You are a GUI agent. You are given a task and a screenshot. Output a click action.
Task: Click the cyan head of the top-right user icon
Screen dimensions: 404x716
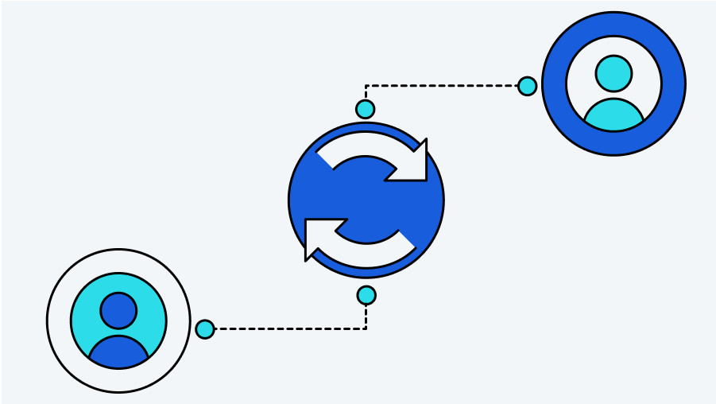[613, 73]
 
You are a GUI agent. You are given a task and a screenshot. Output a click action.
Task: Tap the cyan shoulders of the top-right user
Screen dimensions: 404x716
[613, 118]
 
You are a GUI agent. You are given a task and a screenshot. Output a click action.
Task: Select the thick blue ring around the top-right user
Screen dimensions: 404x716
[613, 24]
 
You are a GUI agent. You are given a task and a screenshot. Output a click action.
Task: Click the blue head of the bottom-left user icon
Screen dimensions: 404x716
[118, 310]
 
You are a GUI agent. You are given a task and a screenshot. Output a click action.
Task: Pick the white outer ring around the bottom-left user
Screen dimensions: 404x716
[60, 320]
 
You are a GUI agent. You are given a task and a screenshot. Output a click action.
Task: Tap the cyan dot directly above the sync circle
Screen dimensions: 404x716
[365, 109]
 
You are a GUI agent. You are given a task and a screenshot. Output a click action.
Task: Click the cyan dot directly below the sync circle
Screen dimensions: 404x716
[366, 295]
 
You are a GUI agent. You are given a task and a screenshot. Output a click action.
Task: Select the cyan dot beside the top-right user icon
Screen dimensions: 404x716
[527, 86]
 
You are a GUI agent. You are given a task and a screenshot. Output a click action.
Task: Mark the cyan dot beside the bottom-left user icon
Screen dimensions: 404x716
[205, 328]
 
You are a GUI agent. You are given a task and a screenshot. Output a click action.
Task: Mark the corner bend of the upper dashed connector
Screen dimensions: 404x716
[366, 86]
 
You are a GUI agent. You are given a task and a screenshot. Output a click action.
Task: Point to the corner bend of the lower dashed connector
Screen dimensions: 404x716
[366, 328]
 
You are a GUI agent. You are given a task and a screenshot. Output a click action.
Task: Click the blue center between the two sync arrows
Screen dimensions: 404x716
[366, 200]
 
